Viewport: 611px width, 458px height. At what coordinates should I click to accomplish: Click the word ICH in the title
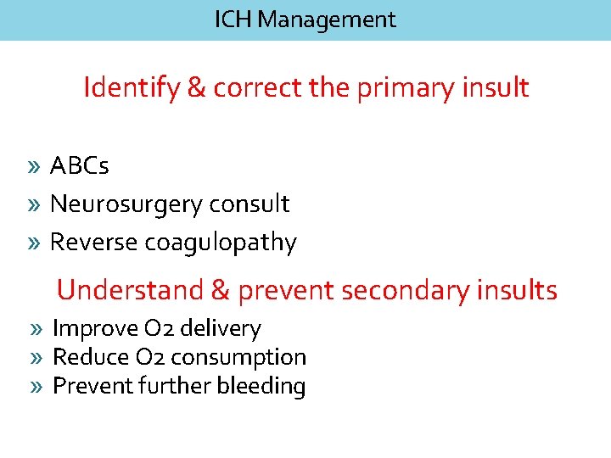(x=233, y=20)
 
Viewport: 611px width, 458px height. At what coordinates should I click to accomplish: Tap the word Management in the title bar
(x=326, y=20)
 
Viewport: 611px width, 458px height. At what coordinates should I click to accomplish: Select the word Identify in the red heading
(x=130, y=87)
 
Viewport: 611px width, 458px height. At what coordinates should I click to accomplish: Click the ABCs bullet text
(x=80, y=165)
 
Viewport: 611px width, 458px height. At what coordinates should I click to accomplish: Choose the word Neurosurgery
(x=126, y=204)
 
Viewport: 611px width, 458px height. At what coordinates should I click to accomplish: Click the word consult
(x=249, y=204)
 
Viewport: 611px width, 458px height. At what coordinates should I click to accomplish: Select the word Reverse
(x=93, y=243)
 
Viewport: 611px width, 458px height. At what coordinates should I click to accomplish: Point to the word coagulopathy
(x=221, y=243)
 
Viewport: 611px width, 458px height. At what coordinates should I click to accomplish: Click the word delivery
(x=222, y=328)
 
